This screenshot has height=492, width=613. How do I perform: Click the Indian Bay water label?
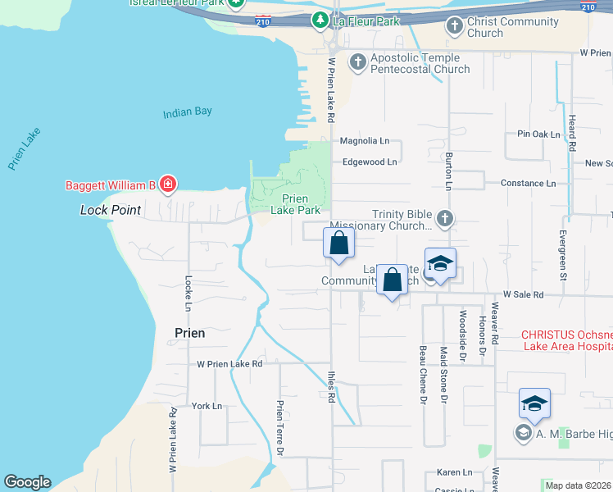tap(187, 112)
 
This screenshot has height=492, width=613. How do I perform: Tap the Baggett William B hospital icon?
tap(168, 184)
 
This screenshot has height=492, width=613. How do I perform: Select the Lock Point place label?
tap(111, 210)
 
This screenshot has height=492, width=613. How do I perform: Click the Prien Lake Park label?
tap(300, 204)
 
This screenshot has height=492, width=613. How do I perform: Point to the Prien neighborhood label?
tap(189, 333)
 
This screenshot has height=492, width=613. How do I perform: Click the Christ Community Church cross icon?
tap(455, 26)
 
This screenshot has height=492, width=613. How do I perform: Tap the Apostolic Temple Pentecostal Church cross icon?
tap(357, 62)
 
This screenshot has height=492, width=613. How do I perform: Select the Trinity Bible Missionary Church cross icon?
tap(445, 219)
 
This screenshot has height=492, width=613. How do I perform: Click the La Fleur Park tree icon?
tap(320, 20)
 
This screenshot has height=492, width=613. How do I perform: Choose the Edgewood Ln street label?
tap(370, 162)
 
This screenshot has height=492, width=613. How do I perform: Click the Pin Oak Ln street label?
tap(538, 134)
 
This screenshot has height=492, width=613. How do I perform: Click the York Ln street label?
tap(207, 406)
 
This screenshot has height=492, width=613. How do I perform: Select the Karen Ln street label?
tap(454, 472)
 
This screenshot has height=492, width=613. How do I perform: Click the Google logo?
tap(27, 482)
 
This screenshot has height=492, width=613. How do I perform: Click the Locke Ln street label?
tap(188, 293)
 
